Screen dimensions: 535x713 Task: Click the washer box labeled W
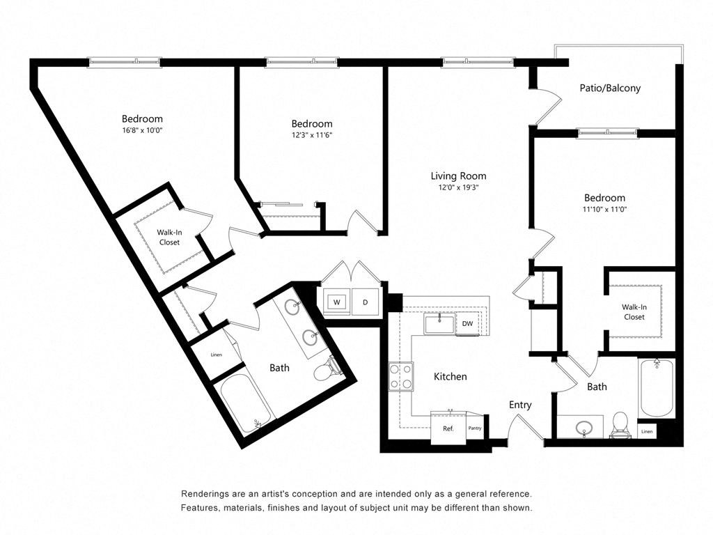tap(336, 302)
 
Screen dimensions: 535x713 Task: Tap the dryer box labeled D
tap(366, 302)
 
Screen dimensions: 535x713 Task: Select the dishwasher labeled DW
tap(467, 324)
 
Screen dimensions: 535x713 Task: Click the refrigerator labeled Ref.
tap(448, 428)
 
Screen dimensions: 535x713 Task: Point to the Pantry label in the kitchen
tap(475, 428)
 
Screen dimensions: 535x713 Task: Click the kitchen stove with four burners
tap(401, 377)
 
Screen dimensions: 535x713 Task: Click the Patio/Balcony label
tap(610, 88)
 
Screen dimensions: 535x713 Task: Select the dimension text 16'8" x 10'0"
tap(142, 130)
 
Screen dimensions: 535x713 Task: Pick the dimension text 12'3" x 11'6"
tap(311, 135)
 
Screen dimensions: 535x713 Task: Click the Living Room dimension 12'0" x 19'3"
tap(458, 187)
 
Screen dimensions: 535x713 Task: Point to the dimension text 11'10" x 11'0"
tap(604, 209)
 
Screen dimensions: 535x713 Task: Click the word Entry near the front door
tap(520, 405)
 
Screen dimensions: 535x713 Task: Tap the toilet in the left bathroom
tap(325, 371)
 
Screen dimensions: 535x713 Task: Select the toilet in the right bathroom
tap(620, 424)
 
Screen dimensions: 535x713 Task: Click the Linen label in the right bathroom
tap(647, 432)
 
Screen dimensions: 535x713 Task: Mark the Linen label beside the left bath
tap(216, 355)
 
